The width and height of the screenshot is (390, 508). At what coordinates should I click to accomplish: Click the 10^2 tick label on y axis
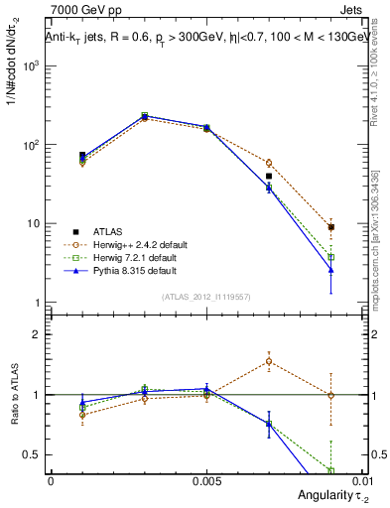click(x=32, y=145)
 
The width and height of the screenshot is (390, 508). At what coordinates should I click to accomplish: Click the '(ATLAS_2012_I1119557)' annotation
click(x=205, y=296)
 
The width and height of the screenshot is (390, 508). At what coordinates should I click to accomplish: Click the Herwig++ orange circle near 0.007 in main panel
click(x=269, y=163)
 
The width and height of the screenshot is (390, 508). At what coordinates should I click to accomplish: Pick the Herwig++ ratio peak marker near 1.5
click(x=269, y=361)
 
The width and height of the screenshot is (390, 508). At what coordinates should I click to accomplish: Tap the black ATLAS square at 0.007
click(x=269, y=176)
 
